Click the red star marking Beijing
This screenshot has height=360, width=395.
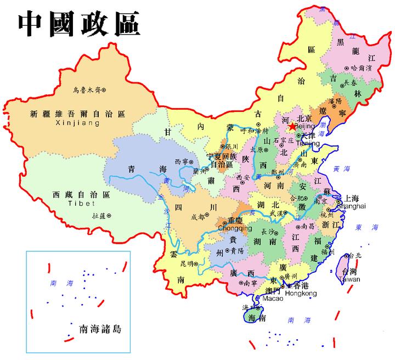point(291,126)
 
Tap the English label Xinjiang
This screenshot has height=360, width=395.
point(77,124)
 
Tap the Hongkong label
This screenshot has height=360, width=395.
point(302,294)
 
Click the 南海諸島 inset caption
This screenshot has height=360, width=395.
point(100,329)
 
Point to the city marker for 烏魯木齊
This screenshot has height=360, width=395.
point(103,89)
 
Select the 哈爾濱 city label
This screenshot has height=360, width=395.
point(362,68)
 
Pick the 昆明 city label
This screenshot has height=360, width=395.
point(187,264)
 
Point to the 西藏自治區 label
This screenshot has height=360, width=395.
point(81,195)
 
